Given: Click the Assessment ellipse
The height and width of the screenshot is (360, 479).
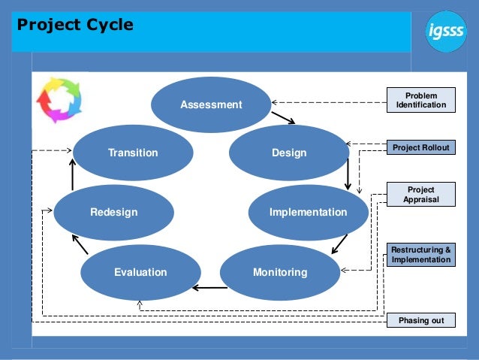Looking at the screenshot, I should click(x=211, y=104).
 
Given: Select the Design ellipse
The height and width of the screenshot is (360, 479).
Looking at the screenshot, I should click(x=289, y=153).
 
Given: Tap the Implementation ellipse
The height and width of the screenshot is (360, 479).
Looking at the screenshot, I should click(x=308, y=212).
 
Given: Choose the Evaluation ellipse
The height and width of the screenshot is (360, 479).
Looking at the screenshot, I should click(x=140, y=272).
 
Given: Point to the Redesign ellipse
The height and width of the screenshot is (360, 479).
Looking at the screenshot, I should click(x=114, y=212).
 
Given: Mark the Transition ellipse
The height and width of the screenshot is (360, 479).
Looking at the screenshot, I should click(x=133, y=153).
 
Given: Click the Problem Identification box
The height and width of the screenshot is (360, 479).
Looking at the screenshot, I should click(x=420, y=100).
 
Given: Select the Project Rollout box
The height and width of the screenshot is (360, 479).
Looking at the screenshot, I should click(x=420, y=147).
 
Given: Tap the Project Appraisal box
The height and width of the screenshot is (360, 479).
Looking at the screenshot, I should click(x=420, y=195).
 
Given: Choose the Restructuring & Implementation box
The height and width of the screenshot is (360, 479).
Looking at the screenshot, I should click(x=420, y=255).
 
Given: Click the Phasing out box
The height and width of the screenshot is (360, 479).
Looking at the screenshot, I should click(x=420, y=321).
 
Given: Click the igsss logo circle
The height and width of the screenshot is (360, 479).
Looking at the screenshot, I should click(x=446, y=32).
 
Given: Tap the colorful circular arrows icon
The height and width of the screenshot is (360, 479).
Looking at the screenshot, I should click(x=59, y=99).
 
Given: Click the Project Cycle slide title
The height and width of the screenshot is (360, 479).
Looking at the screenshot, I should click(x=75, y=25).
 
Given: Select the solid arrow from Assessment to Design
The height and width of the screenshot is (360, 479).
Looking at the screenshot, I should click(x=283, y=117).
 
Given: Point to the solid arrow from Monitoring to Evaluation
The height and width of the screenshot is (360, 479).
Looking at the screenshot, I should click(x=209, y=287).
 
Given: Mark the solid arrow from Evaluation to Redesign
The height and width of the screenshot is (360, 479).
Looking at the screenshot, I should click(x=80, y=244).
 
